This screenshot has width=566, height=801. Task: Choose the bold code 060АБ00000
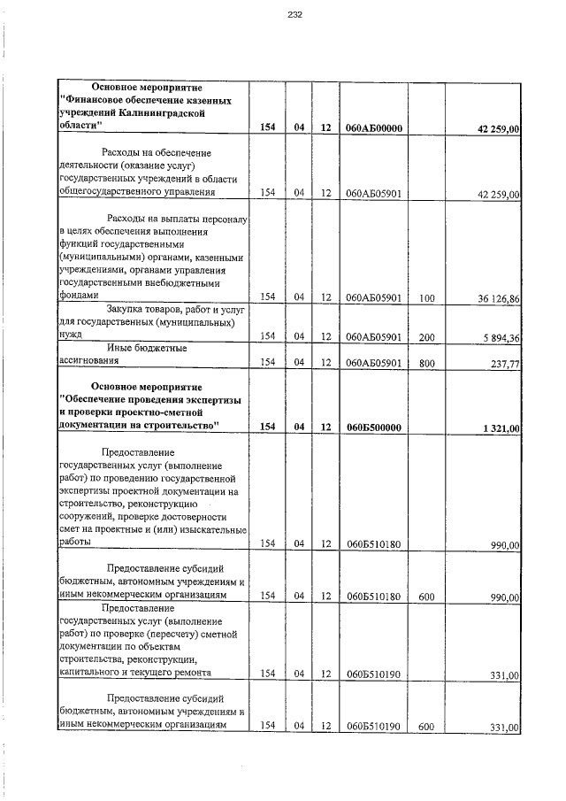click(374, 128)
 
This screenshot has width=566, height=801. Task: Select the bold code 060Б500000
click(374, 427)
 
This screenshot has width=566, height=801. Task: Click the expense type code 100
click(426, 299)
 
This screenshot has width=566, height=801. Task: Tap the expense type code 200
click(426, 336)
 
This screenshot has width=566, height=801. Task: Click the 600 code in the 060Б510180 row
click(426, 597)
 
